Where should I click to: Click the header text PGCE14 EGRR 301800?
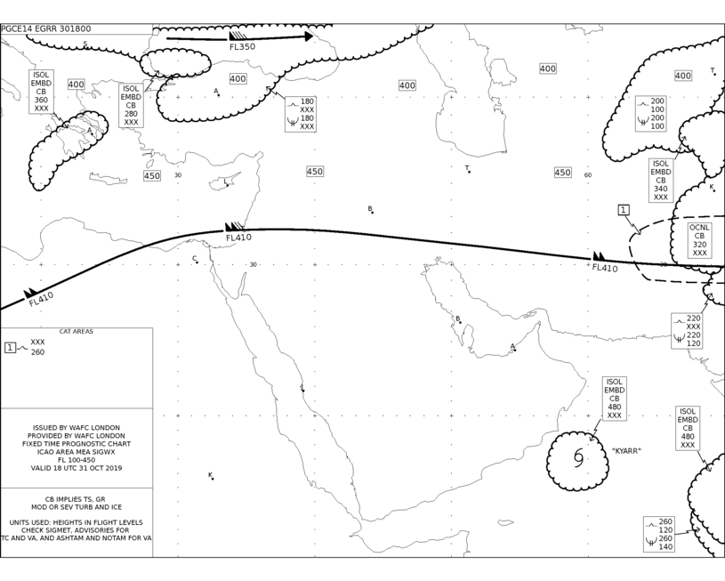[46, 28]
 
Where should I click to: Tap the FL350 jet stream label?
[242, 47]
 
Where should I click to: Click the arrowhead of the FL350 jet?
[309, 36]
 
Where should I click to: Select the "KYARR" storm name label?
[626, 450]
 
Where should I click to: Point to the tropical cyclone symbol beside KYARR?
[578, 457]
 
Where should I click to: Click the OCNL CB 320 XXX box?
[699, 240]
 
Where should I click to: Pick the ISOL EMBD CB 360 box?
[41, 92]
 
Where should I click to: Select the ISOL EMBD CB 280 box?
[131, 106]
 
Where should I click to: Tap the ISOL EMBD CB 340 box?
[661, 181]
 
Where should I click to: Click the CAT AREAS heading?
[77, 331]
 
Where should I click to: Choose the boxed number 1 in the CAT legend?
[10, 347]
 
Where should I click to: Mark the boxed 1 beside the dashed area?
[624, 210]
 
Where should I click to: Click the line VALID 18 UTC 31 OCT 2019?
[77, 468]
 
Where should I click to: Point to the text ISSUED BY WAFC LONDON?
[77, 428]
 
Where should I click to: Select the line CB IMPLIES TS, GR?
[75, 499]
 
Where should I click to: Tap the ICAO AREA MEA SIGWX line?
[77, 452]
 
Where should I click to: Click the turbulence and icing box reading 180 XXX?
[301, 114]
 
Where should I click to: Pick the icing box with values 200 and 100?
[651, 114]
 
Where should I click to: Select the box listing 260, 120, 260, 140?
[659, 534]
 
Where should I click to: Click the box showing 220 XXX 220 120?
[687, 331]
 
